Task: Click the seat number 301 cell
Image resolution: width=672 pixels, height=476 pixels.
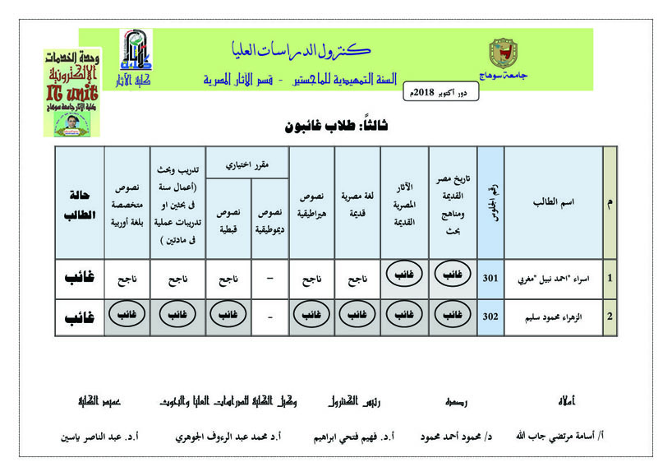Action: [x=490, y=278]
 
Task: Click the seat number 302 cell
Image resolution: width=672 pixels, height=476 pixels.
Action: [x=490, y=315]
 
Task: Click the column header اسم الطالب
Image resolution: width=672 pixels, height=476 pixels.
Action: [x=555, y=201]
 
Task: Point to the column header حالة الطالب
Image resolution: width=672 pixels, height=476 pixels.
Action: [x=81, y=201]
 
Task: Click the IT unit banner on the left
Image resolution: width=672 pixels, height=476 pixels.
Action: [x=71, y=92]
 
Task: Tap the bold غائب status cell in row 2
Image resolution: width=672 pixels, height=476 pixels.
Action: [x=81, y=315]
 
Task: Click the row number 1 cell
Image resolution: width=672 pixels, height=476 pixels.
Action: [x=609, y=278]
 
